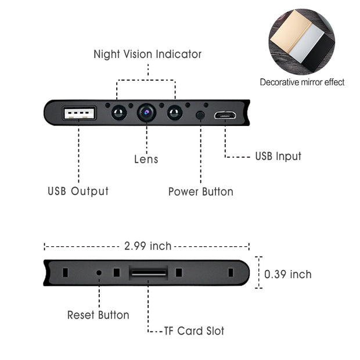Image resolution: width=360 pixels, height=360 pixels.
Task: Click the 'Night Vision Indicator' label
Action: pyautogui.click(x=147, y=54)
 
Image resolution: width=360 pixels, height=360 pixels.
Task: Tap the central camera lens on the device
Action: pyautogui.click(x=147, y=111)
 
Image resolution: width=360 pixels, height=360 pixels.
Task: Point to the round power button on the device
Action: pyautogui.click(x=200, y=114)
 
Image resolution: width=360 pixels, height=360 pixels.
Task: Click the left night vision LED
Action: pyautogui.click(x=119, y=112)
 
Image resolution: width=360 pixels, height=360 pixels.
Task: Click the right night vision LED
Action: pyautogui.click(x=175, y=112)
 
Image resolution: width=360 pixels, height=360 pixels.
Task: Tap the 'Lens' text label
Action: pyautogui.click(x=146, y=159)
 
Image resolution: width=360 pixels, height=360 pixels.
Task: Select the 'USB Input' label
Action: pyautogui.click(x=278, y=156)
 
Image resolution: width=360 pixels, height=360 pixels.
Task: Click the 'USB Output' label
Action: pyautogui.click(x=78, y=191)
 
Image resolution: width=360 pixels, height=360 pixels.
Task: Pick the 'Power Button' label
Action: pyautogui.click(x=200, y=192)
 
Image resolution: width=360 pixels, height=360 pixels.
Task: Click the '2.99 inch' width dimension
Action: pyautogui.click(x=148, y=246)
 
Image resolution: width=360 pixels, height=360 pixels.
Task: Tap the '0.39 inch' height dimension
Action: pyautogui.click(x=288, y=274)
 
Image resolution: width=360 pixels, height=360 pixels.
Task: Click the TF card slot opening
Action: pyautogui.click(x=149, y=272)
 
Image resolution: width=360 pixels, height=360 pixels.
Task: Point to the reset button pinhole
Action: pyautogui.click(x=99, y=272)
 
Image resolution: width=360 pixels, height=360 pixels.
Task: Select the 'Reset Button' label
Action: pyautogui.click(x=98, y=315)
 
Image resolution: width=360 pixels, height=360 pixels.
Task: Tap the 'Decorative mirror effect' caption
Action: pyautogui.click(x=302, y=82)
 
